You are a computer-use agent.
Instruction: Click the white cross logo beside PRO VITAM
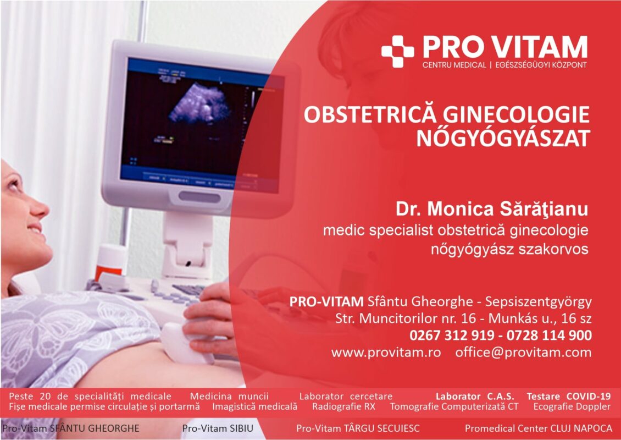pos(398,51)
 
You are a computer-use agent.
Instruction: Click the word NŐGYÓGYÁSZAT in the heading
pos(503,138)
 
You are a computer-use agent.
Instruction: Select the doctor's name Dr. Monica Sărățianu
pos(492,210)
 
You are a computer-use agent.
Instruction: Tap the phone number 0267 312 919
pos(452,335)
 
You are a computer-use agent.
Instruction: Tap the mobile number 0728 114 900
pos(549,335)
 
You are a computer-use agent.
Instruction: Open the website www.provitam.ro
pos(386,353)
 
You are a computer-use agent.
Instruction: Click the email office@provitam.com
pos(523,353)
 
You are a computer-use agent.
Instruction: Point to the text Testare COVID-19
pos(569,397)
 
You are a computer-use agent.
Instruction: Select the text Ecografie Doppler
pos(572,406)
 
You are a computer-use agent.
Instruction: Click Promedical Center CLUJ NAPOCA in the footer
pos(538,428)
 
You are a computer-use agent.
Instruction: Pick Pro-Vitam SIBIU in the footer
pos(218,428)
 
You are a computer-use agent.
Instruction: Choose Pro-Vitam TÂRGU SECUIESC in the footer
pos(358,428)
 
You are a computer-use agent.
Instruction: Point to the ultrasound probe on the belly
pos(186,342)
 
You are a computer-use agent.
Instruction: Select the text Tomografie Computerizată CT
pos(454,406)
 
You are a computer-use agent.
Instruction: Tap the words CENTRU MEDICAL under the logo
pos(454,65)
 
